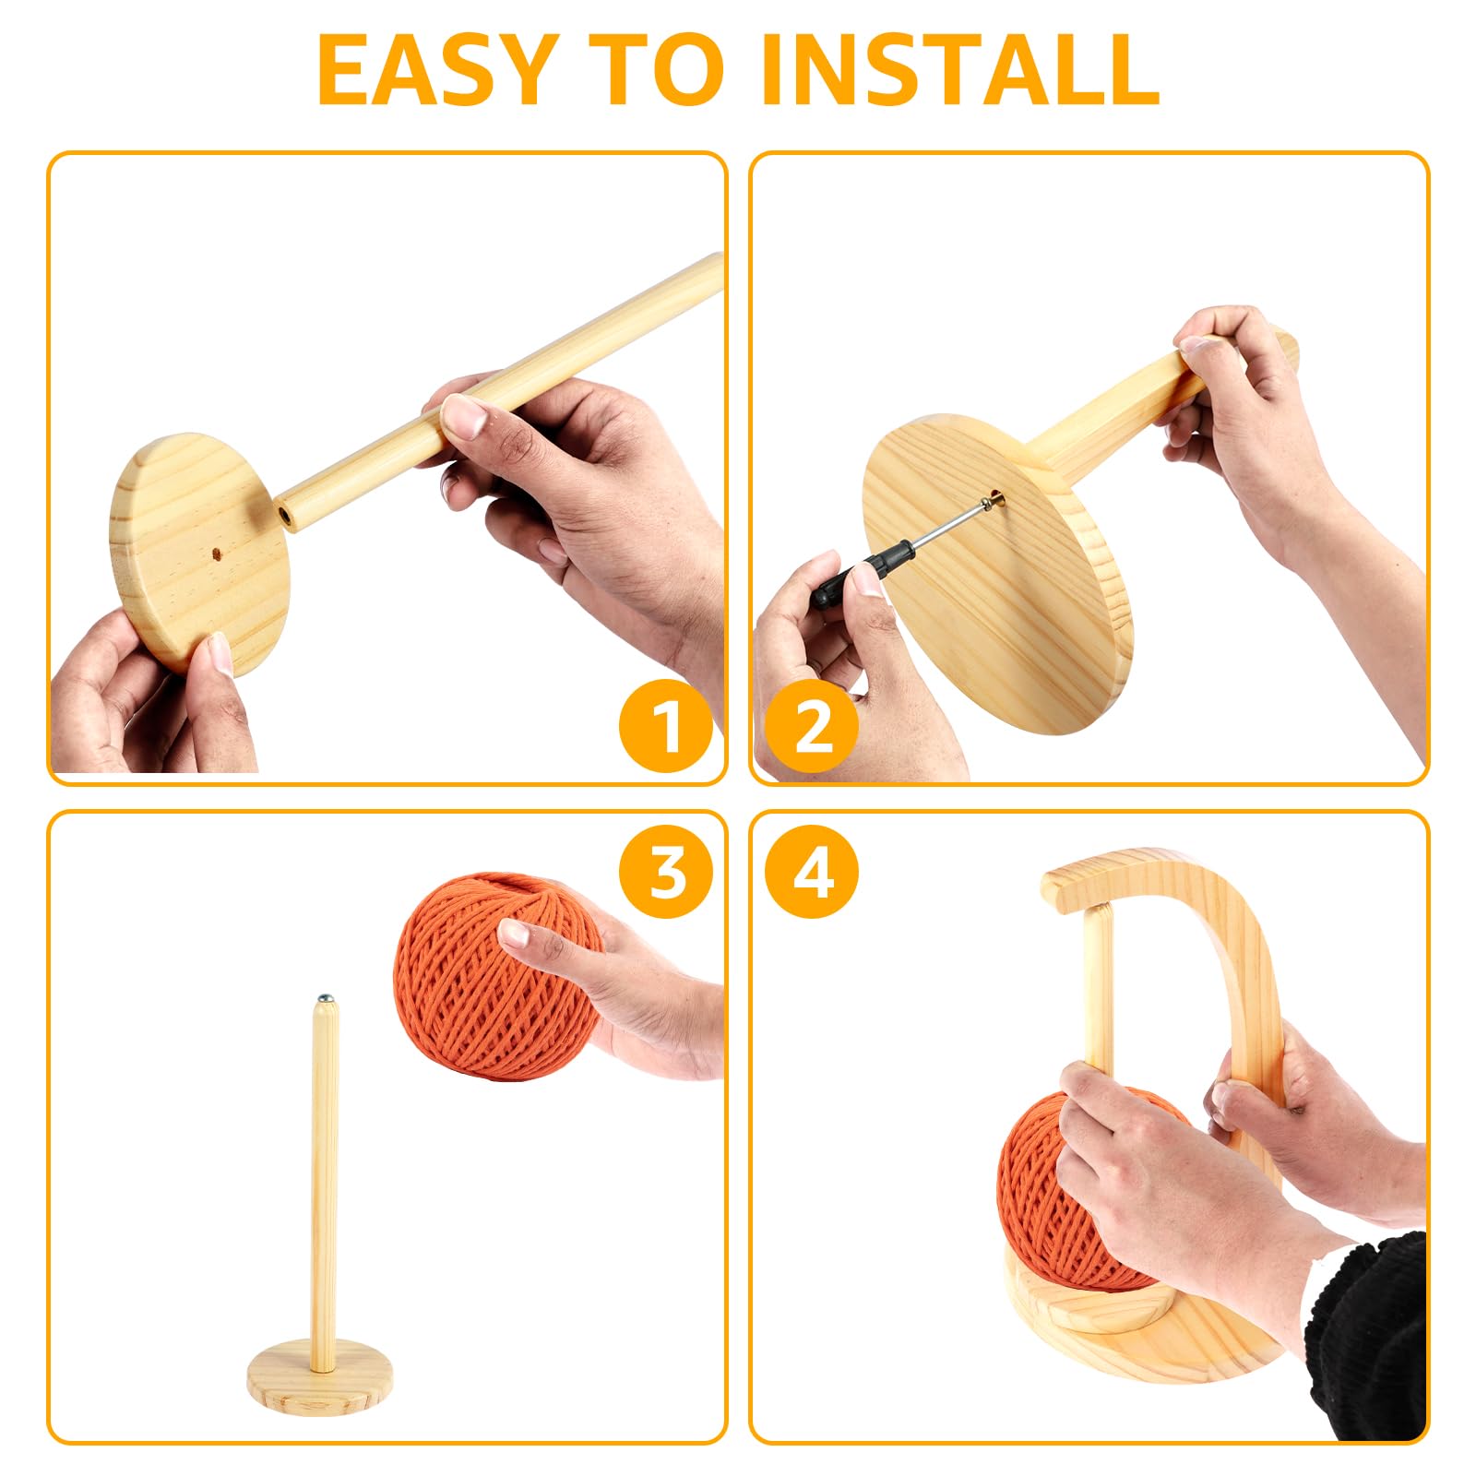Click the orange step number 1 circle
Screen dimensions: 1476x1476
tap(665, 725)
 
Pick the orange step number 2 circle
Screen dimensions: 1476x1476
tap(813, 725)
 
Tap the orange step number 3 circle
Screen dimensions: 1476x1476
tap(665, 871)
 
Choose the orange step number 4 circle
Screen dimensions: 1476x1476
tap(813, 871)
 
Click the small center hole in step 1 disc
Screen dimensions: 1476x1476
tap(216, 554)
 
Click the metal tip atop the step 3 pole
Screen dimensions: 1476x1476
tap(324, 998)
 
